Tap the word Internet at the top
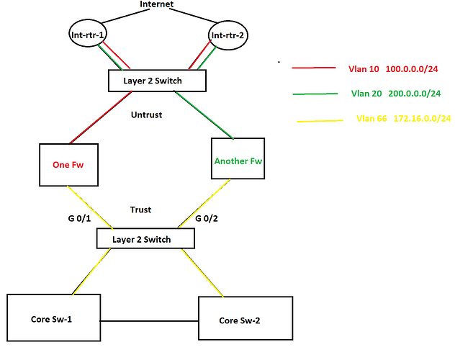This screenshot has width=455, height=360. click(x=157, y=4)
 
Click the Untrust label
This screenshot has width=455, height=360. click(x=147, y=115)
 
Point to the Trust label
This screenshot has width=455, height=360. click(x=140, y=210)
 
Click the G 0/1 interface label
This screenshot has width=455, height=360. click(x=79, y=218)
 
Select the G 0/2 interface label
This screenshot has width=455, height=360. click(x=207, y=218)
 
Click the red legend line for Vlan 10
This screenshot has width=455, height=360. click(x=314, y=68)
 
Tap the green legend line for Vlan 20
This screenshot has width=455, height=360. click(x=315, y=94)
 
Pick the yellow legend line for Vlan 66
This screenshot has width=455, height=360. click(x=320, y=121)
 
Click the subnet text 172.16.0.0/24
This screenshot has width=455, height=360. click(x=422, y=118)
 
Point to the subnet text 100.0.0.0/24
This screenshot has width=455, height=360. click(x=412, y=69)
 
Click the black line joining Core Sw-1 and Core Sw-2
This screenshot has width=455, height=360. click(x=149, y=321)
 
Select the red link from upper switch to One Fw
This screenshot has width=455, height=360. click(x=101, y=117)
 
